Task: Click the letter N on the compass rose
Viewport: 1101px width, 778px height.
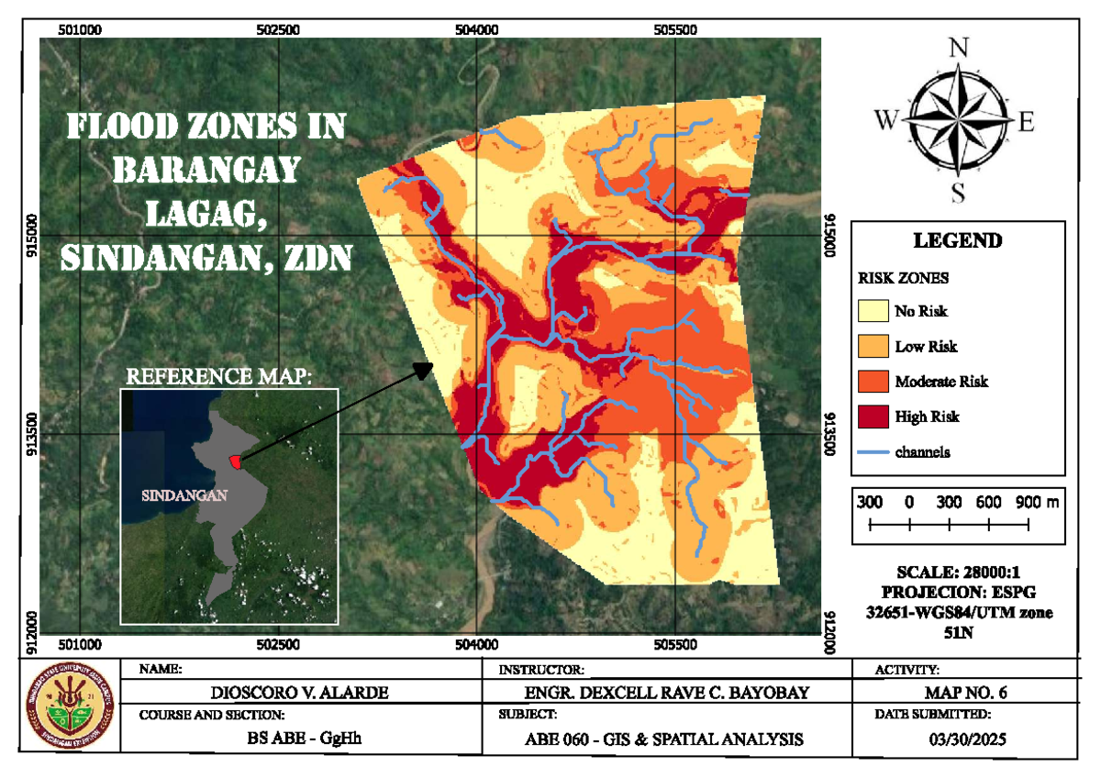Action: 959,49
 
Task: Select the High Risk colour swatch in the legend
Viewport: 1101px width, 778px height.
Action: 873,417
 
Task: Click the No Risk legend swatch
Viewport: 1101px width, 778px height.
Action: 873,312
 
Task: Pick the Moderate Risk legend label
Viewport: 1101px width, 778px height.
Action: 941,382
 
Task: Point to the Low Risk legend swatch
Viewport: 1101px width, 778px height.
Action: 873,347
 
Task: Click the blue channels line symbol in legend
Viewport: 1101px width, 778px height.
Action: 873,452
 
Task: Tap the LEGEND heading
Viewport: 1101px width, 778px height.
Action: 958,241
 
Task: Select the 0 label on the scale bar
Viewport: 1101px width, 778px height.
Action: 908,503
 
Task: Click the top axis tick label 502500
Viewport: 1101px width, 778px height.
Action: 278,29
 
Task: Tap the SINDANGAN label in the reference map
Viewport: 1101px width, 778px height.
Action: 184,495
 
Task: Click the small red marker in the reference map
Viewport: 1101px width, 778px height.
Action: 236,460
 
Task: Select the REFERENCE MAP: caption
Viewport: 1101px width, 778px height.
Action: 219,376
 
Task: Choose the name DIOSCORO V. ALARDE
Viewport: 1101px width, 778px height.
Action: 301,693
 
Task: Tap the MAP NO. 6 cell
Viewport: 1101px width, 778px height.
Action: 958,693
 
